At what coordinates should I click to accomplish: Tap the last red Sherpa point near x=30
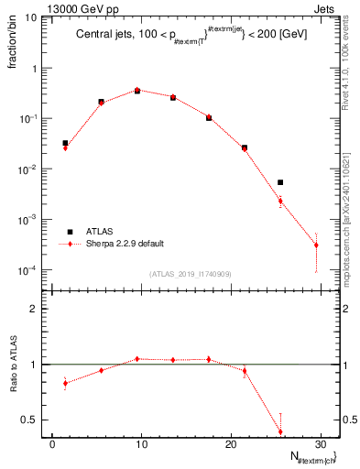316,245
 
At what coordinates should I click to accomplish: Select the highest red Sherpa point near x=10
137,90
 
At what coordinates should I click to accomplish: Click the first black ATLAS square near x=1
65,143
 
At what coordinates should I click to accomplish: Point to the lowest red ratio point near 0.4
280,431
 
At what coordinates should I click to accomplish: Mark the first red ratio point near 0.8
65,383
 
